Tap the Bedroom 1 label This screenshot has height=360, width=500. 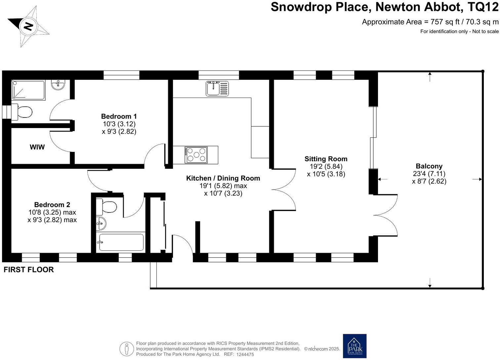coord(119,116)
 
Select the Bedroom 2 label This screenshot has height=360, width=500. coord(52,205)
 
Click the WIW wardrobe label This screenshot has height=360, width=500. coord(37,147)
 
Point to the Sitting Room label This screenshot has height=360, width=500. coord(326,159)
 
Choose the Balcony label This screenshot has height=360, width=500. coord(429,166)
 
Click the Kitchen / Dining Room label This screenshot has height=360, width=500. coord(223,178)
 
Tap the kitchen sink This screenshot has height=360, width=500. coord(217,88)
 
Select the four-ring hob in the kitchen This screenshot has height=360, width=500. coord(196,155)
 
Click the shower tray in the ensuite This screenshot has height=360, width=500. coord(28,90)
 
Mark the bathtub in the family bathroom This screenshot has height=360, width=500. coord(121,243)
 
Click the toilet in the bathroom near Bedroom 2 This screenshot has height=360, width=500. coord(107,207)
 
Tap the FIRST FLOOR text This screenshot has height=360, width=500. coord(28,270)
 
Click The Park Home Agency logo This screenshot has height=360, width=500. coord(354,346)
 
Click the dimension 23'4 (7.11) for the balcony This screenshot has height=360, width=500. coord(429,174)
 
